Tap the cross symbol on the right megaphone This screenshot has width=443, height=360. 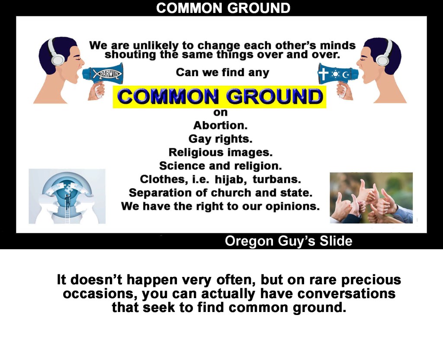[x=323, y=74]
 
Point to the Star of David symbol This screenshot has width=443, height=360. [x=335, y=74]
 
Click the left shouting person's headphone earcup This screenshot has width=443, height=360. [x=58, y=59]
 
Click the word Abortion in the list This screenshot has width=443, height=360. [x=220, y=125]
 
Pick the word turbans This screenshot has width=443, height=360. [x=277, y=179]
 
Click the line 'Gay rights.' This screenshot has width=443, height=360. [x=220, y=139]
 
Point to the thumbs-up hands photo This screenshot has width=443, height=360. [x=371, y=198]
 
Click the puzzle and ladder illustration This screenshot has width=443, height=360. [x=67, y=196]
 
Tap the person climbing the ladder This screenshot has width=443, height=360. [x=67, y=201]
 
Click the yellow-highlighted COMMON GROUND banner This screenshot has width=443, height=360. [x=219, y=97]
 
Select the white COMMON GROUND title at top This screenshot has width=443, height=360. [x=223, y=8]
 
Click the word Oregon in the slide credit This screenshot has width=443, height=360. [x=249, y=241]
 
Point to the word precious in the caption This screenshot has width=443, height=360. [x=371, y=280]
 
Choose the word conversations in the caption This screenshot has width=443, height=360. [x=347, y=293]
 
